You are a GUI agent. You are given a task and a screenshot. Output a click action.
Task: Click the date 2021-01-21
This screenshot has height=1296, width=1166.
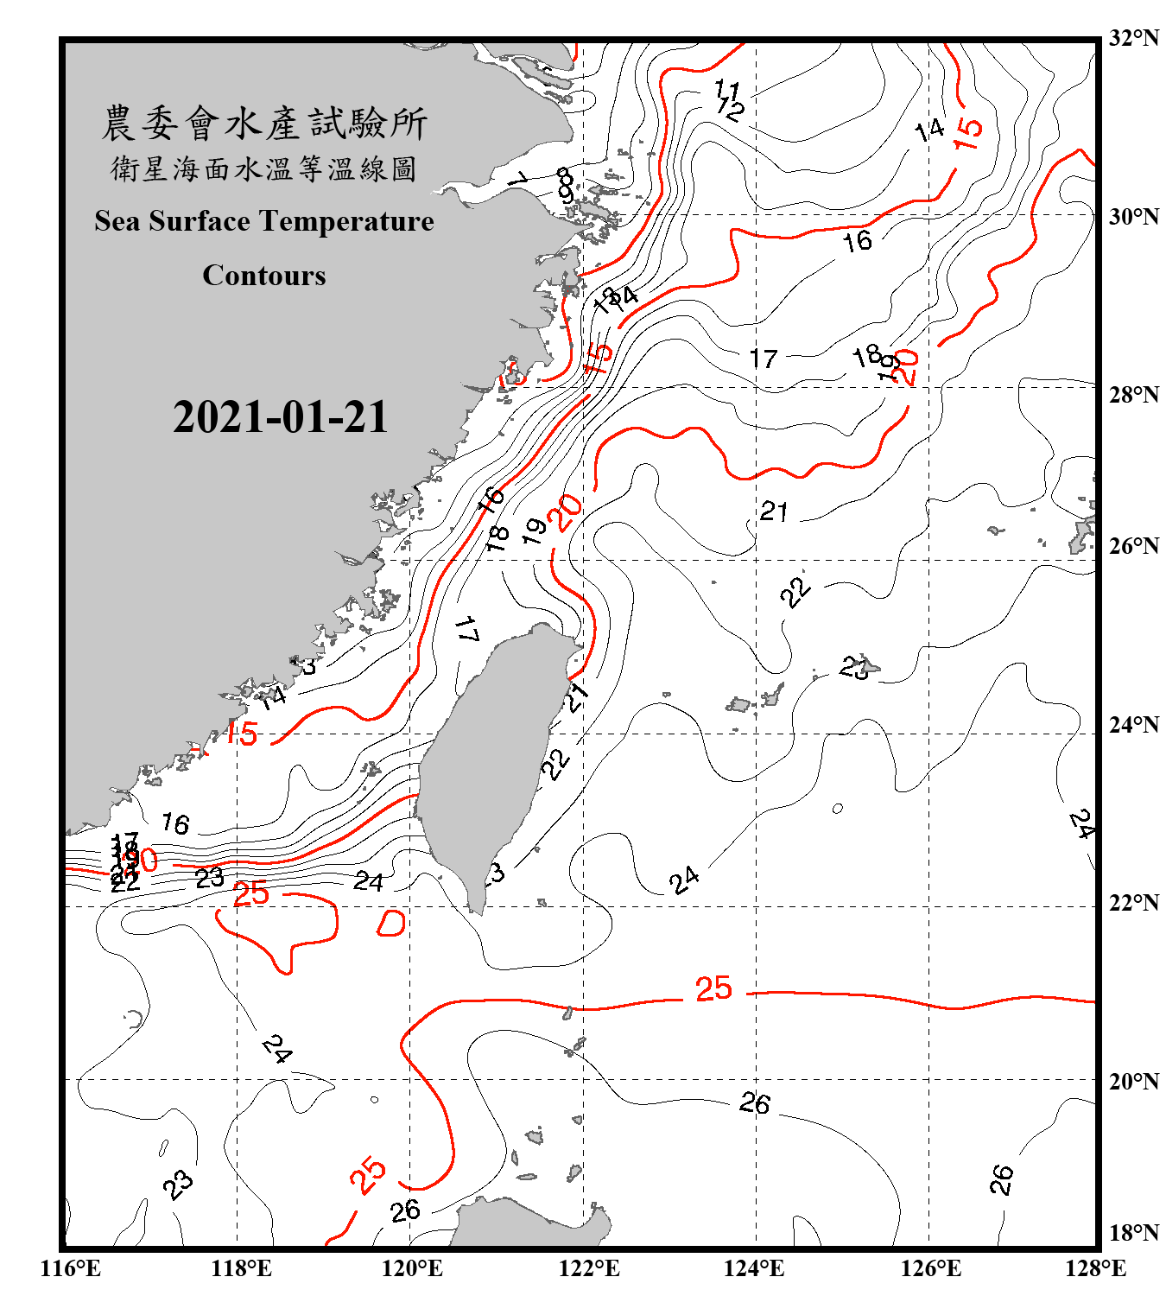coord(281,417)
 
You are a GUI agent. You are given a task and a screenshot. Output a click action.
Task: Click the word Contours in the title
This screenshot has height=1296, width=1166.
coord(264,276)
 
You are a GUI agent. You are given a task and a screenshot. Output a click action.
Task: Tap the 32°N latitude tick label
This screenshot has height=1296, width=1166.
coord(1134,38)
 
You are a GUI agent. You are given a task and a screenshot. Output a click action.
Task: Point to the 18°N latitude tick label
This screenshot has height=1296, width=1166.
coord(1134,1233)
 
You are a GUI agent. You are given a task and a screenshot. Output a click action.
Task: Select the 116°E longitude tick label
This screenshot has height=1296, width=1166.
coord(71,1269)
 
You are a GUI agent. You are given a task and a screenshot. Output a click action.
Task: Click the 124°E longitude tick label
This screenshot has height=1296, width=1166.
coord(755,1269)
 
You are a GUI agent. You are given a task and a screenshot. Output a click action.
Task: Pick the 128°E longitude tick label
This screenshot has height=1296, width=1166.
coord(1095,1269)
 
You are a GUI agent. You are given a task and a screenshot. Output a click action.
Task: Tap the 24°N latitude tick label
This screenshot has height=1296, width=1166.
coord(1134,725)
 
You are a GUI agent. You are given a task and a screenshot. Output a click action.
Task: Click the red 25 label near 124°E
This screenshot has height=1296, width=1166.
coord(713,988)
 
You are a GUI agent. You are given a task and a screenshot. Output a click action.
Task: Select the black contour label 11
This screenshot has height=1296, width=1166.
coord(727,89)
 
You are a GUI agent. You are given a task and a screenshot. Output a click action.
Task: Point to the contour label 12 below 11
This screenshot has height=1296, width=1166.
coord(731,110)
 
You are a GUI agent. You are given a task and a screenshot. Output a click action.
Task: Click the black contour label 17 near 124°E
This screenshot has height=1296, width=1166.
coord(764,358)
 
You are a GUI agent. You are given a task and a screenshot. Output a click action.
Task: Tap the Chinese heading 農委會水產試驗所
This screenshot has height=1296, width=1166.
coord(264,124)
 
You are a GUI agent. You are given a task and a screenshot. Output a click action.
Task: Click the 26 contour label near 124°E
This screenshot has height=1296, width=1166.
coord(754,1103)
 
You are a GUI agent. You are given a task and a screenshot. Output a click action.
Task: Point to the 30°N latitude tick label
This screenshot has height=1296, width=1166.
coord(1134,217)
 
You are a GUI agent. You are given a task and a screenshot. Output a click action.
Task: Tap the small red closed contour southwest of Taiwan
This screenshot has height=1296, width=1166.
coord(391,924)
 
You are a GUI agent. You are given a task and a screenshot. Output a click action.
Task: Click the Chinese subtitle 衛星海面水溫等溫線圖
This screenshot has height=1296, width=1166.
coord(264,168)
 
